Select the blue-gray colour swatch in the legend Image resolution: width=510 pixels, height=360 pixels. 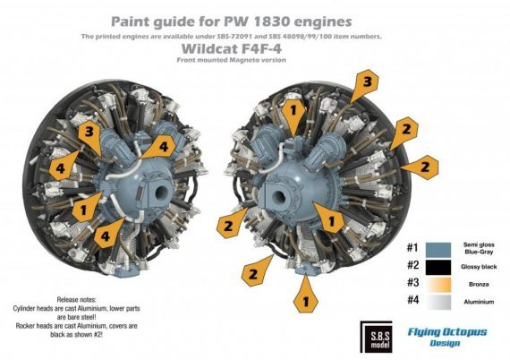(x=439, y=248)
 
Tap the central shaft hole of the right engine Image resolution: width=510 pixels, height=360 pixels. (x=292, y=197)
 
